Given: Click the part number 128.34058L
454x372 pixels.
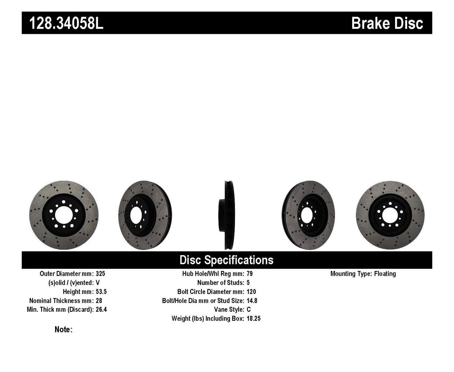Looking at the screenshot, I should tap(66, 23).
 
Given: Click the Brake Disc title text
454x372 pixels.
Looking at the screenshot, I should tap(387, 23).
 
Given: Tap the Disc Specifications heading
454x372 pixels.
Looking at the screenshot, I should tap(226, 260).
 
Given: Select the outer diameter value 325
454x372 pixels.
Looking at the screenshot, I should tap(100, 274).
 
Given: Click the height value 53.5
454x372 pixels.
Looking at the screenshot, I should tap(101, 292).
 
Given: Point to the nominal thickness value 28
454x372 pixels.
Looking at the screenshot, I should tap(99, 301).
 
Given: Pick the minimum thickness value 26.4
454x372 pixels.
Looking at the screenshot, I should tap(101, 309).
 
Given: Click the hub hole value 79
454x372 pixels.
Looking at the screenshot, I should tap(250, 274).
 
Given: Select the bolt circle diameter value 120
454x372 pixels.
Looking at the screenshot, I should tap(251, 292).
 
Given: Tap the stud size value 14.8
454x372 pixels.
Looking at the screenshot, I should tap(252, 301).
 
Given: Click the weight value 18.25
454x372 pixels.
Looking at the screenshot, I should tap(254, 318).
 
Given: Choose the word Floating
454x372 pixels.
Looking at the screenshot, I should tap(385, 274).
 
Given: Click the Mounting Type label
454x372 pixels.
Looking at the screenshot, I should tap(351, 274).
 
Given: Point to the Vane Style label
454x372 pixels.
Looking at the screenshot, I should tap(229, 309).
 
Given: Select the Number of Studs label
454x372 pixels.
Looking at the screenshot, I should tap(220, 283).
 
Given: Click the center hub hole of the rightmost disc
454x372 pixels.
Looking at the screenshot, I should tap(390, 215).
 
